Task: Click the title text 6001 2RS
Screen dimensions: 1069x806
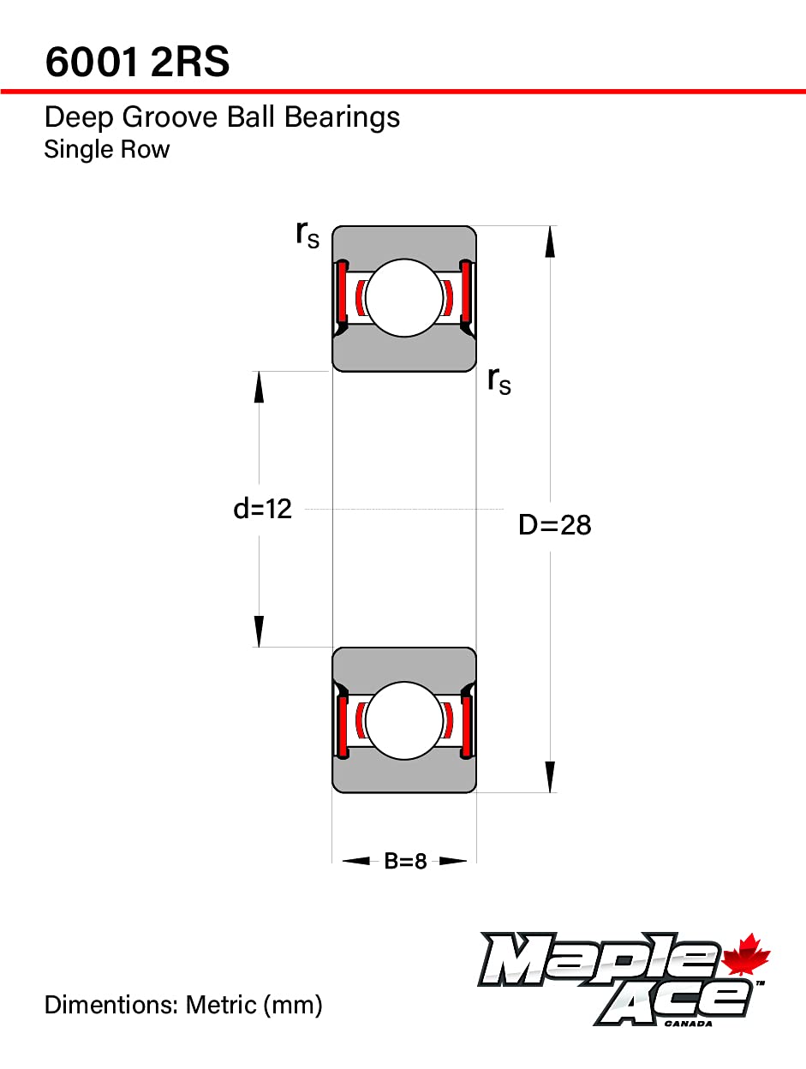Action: tap(137, 62)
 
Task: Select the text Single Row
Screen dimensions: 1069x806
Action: tap(107, 149)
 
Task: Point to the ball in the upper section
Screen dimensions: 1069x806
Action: tap(403, 298)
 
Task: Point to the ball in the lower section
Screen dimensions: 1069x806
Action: tap(403, 720)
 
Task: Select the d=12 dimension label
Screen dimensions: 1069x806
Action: tap(262, 509)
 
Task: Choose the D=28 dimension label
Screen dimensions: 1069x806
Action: tap(554, 524)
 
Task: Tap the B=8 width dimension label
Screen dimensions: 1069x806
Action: tap(405, 861)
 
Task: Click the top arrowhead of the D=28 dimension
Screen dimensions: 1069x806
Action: tap(550, 241)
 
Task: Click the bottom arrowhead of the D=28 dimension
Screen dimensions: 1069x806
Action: tap(550, 778)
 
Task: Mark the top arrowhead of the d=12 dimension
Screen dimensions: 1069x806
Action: tap(259, 386)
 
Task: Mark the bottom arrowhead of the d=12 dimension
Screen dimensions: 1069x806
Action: tap(259, 632)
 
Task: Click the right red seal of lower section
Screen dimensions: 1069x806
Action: tap(467, 726)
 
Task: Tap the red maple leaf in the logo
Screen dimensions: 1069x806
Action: tap(747, 957)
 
